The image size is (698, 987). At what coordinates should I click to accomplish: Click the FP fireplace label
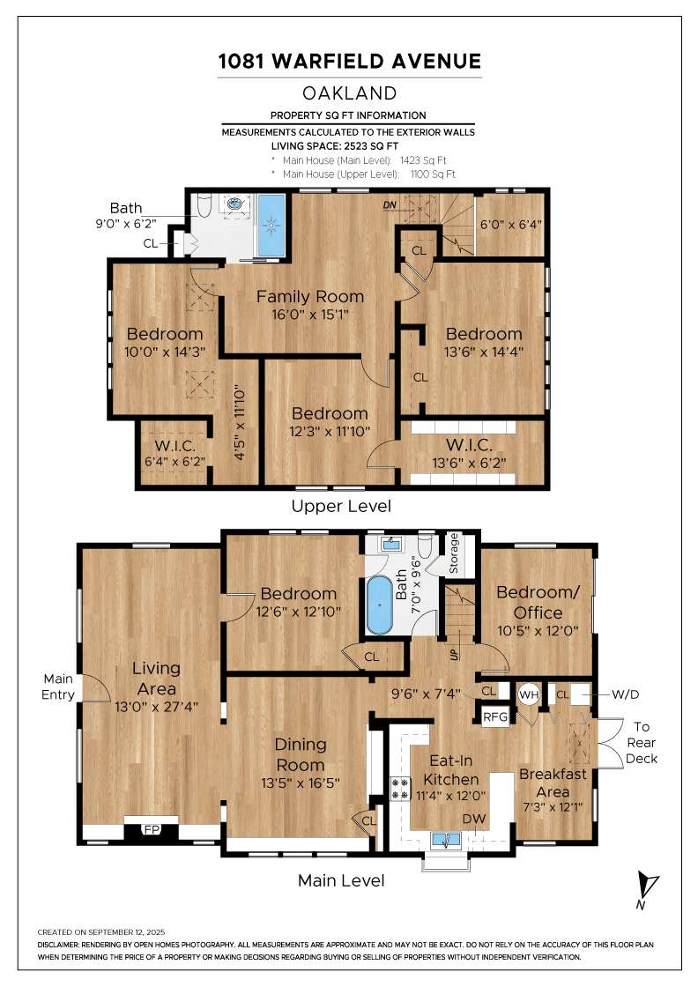click(x=152, y=829)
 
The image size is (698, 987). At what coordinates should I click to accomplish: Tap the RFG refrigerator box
click(x=495, y=717)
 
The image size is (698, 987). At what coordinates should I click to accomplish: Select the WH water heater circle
click(x=529, y=695)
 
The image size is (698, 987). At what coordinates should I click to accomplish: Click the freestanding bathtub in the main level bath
click(x=379, y=605)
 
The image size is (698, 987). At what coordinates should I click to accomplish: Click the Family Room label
click(x=309, y=296)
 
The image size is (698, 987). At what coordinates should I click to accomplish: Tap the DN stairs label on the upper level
click(x=390, y=205)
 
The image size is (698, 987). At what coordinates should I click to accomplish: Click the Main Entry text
click(x=58, y=686)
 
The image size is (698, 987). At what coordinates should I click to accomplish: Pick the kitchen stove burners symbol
click(x=399, y=789)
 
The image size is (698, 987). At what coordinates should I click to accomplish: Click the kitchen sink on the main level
click(x=447, y=840)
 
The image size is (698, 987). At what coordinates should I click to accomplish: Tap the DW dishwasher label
click(x=474, y=819)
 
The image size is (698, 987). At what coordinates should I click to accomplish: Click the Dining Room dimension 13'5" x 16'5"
click(x=301, y=783)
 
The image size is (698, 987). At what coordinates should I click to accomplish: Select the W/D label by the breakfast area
click(x=625, y=694)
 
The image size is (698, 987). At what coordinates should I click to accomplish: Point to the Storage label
click(x=453, y=554)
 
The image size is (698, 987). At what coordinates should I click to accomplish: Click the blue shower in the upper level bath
click(x=271, y=226)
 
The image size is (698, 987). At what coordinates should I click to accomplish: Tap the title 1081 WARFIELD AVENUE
click(x=349, y=61)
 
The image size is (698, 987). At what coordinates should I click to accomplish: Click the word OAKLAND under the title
click(x=349, y=93)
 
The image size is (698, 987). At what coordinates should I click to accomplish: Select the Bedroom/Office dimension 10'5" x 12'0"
click(x=538, y=631)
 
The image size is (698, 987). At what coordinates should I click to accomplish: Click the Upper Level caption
click(x=341, y=506)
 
